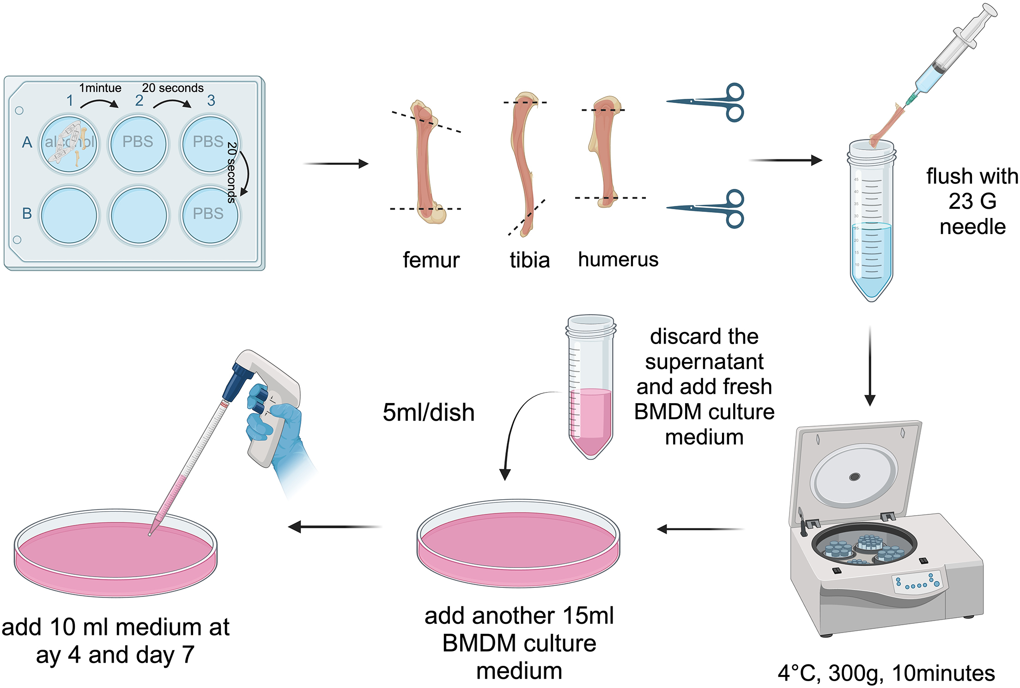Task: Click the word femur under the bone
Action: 431,260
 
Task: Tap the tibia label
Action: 530,260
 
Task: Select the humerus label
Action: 618,260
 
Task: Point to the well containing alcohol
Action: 69,144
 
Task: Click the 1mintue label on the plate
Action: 100,88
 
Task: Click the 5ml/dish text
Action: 428,412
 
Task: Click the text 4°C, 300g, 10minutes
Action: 886,673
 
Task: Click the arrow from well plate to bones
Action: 335,163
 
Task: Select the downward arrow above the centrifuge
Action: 870,365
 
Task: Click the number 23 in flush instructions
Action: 960,201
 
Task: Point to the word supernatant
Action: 704,362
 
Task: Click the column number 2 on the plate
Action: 139,100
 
